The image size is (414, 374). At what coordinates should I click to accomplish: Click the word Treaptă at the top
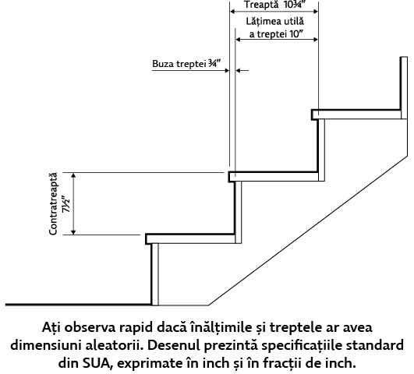coord(261,5)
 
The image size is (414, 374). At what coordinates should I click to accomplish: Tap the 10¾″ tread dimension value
coord(295,5)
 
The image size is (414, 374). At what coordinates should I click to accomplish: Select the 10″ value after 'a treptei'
coord(295,34)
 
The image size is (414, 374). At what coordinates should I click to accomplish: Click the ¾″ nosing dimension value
coord(214,64)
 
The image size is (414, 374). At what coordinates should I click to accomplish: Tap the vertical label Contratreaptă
coord(53,203)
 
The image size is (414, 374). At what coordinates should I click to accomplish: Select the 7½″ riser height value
coord(66,204)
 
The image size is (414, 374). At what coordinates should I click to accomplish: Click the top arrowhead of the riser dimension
coord(73,175)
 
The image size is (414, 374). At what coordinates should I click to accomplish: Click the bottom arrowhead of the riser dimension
coord(73,232)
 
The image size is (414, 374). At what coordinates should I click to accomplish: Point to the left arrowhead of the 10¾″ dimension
coord(232,12)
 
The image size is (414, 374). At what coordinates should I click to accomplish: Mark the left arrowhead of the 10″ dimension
coord(238,40)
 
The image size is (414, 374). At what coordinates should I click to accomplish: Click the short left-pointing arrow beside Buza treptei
coord(242,70)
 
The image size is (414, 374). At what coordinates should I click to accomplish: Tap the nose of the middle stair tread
coord(229,177)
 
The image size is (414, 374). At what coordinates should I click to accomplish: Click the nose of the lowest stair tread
coord(147,239)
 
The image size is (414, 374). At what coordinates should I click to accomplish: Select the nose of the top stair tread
coord(313,115)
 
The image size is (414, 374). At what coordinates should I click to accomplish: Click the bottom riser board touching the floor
coord(154,274)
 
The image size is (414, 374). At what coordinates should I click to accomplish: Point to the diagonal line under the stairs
coord(308,231)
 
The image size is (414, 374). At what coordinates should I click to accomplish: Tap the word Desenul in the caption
coord(172,345)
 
